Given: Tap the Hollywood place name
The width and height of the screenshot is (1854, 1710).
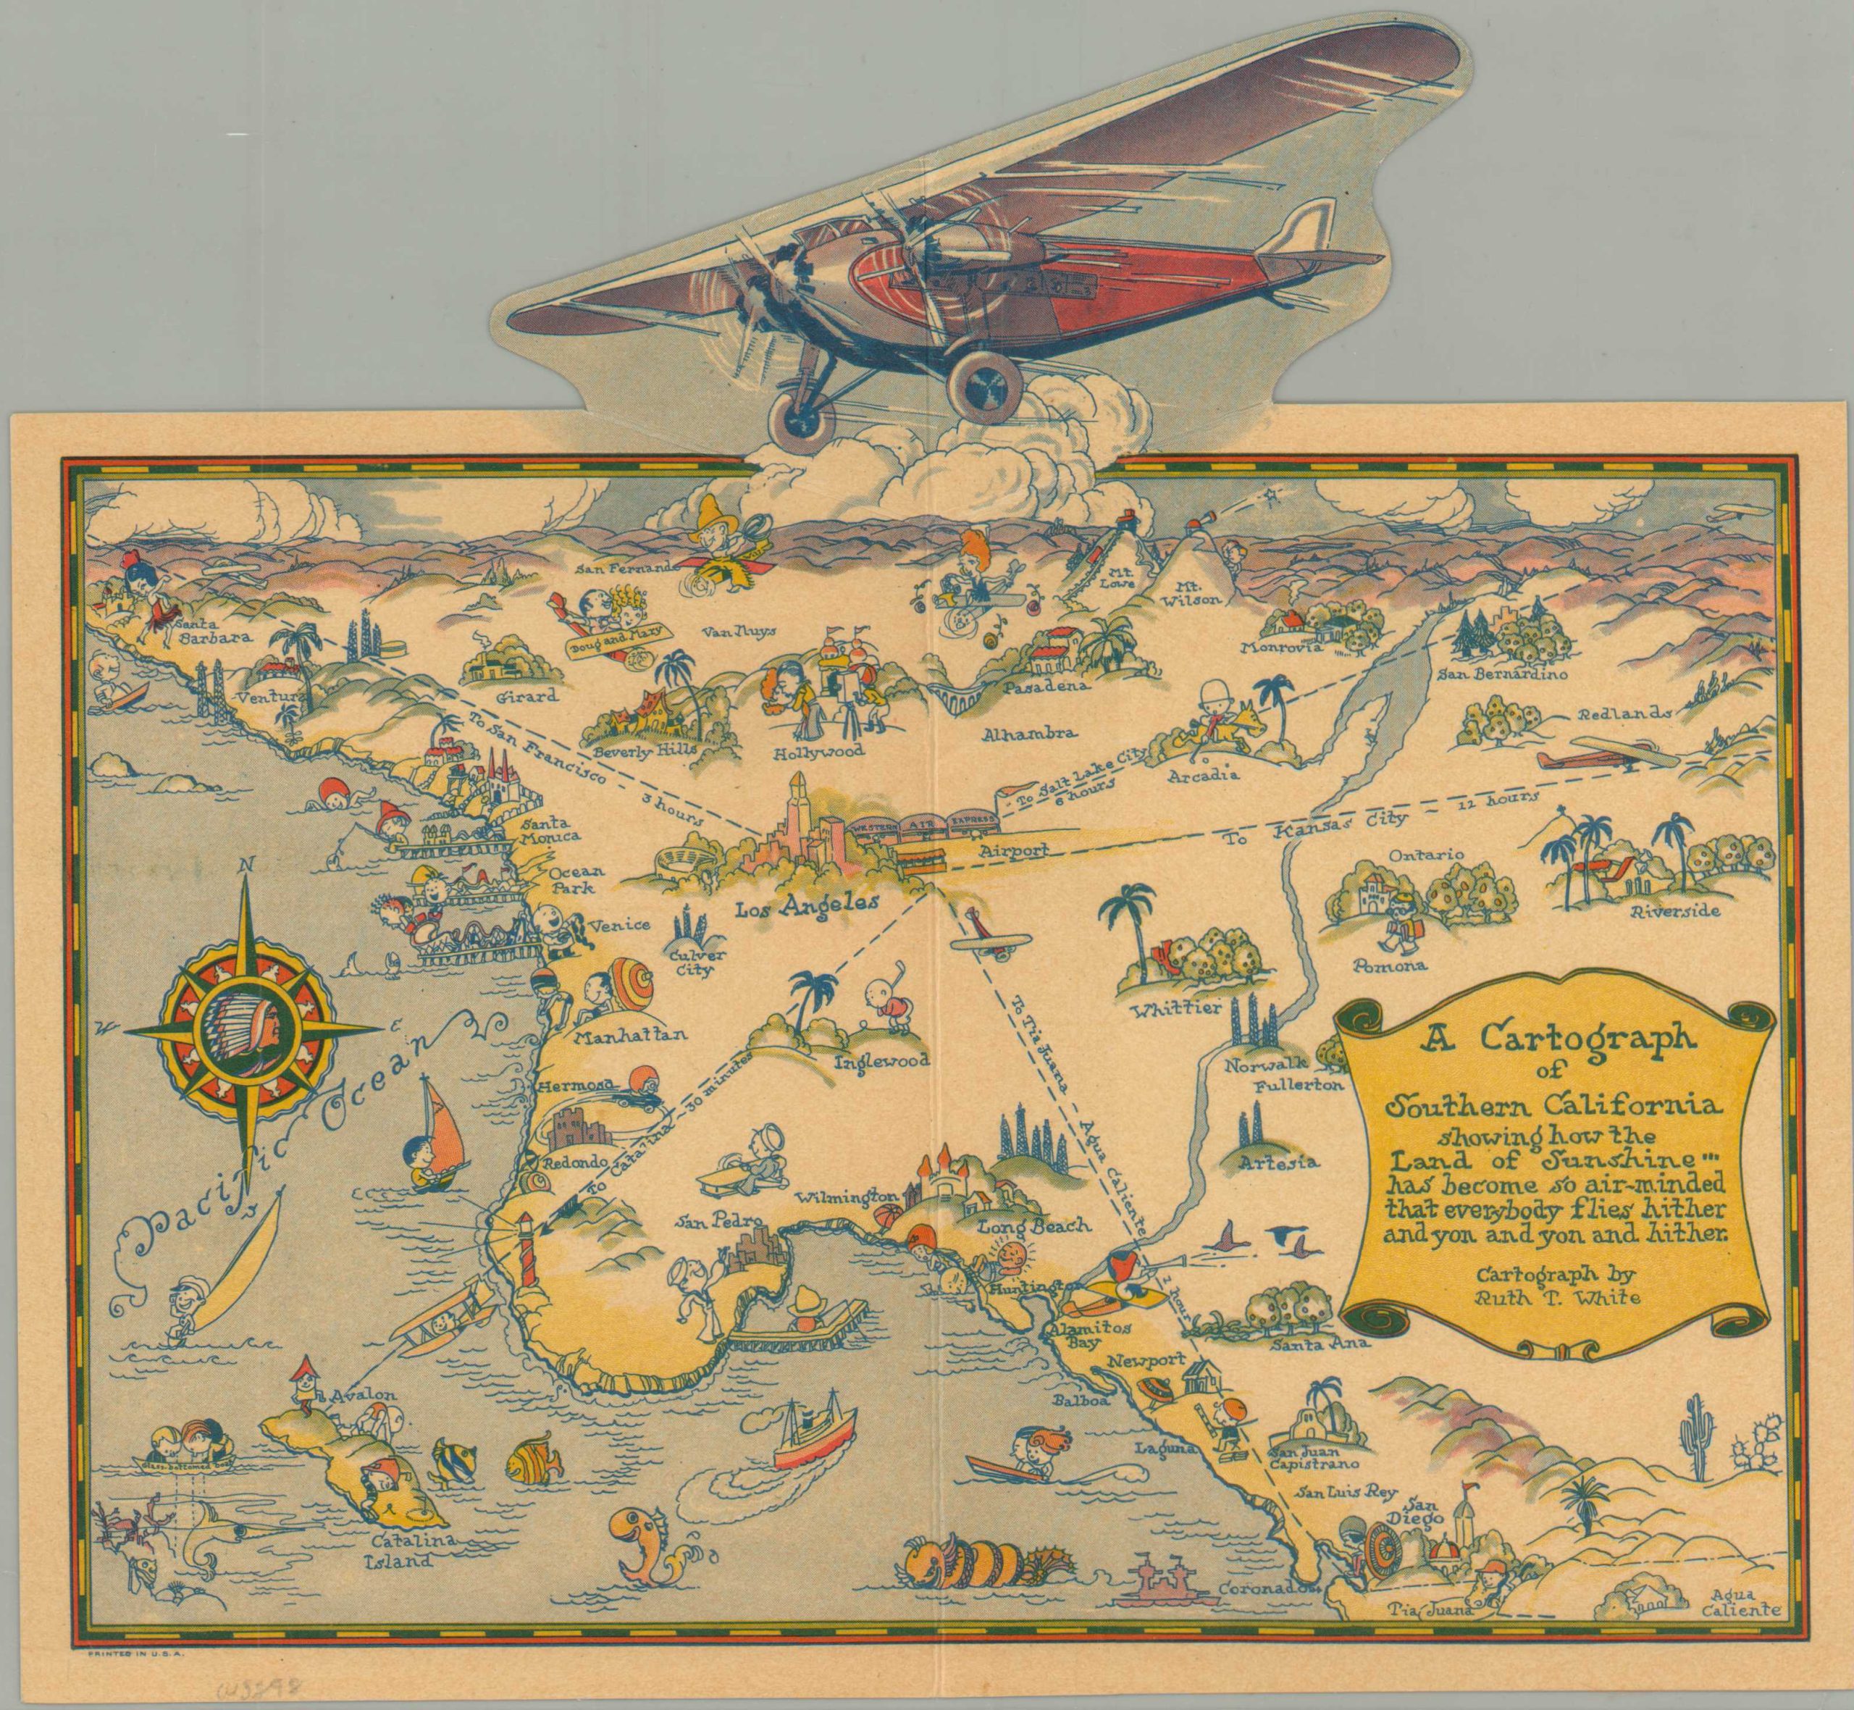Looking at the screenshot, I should point(819,750).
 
